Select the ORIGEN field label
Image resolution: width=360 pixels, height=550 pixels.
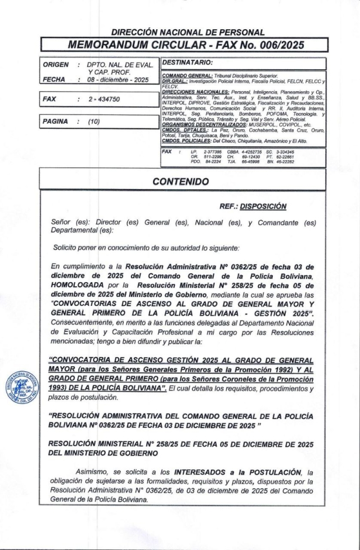click(55, 65)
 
